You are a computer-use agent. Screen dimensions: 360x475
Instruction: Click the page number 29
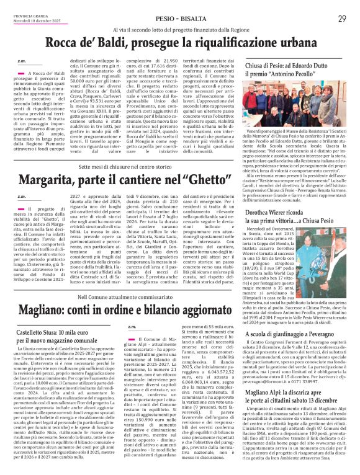[x=341, y=19]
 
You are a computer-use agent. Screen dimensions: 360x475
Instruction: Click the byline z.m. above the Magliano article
[x=130, y=327]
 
